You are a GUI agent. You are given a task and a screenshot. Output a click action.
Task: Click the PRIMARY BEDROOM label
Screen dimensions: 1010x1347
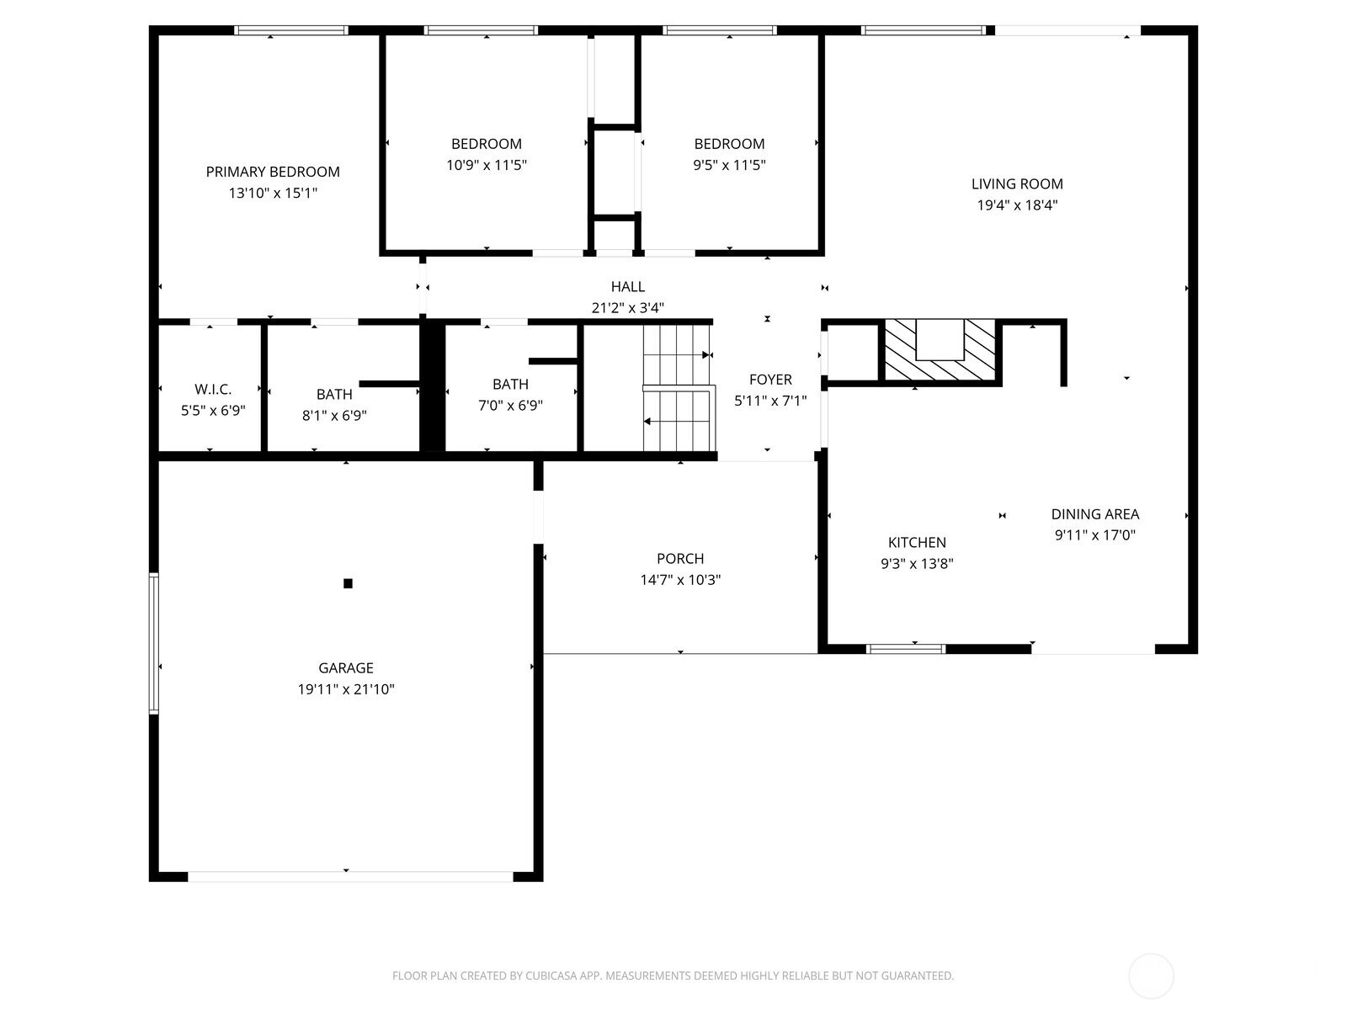(273, 172)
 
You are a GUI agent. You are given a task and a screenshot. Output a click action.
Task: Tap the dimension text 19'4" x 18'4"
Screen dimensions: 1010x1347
(1017, 205)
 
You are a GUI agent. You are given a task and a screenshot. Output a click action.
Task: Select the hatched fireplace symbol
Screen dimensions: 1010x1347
(939, 351)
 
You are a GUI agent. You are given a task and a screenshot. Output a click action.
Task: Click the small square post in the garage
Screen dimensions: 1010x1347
(348, 583)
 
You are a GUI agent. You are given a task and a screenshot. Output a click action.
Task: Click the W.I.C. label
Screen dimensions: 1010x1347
(213, 389)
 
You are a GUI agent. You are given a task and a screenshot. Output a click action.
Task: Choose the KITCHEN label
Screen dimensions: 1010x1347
(917, 543)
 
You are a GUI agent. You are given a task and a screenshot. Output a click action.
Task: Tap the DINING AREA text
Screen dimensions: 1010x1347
(1094, 514)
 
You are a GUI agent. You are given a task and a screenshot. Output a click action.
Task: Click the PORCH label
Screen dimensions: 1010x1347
(680, 559)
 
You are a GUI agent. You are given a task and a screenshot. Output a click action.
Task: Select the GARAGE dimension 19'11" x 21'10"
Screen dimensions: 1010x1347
(346, 689)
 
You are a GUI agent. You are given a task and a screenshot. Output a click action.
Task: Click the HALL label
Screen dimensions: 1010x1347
(628, 287)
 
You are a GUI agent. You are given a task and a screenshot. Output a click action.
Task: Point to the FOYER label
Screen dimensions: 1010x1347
(770, 380)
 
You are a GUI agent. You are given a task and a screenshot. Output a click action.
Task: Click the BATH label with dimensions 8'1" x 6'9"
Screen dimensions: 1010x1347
(334, 394)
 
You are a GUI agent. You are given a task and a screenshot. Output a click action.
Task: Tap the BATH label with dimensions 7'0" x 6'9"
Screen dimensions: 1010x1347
(510, 385)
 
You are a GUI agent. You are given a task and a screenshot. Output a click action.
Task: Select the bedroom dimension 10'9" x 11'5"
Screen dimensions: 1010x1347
(487, 165)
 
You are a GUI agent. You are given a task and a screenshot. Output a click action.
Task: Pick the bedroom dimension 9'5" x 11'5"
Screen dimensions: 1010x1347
(729, 165)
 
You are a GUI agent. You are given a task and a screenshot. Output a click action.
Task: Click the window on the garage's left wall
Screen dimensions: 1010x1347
(154, 643)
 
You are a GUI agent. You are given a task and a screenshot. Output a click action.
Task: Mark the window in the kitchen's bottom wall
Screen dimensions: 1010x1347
(906, 648)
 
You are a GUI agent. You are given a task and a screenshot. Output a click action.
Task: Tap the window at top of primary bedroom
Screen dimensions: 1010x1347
(291, 30)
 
